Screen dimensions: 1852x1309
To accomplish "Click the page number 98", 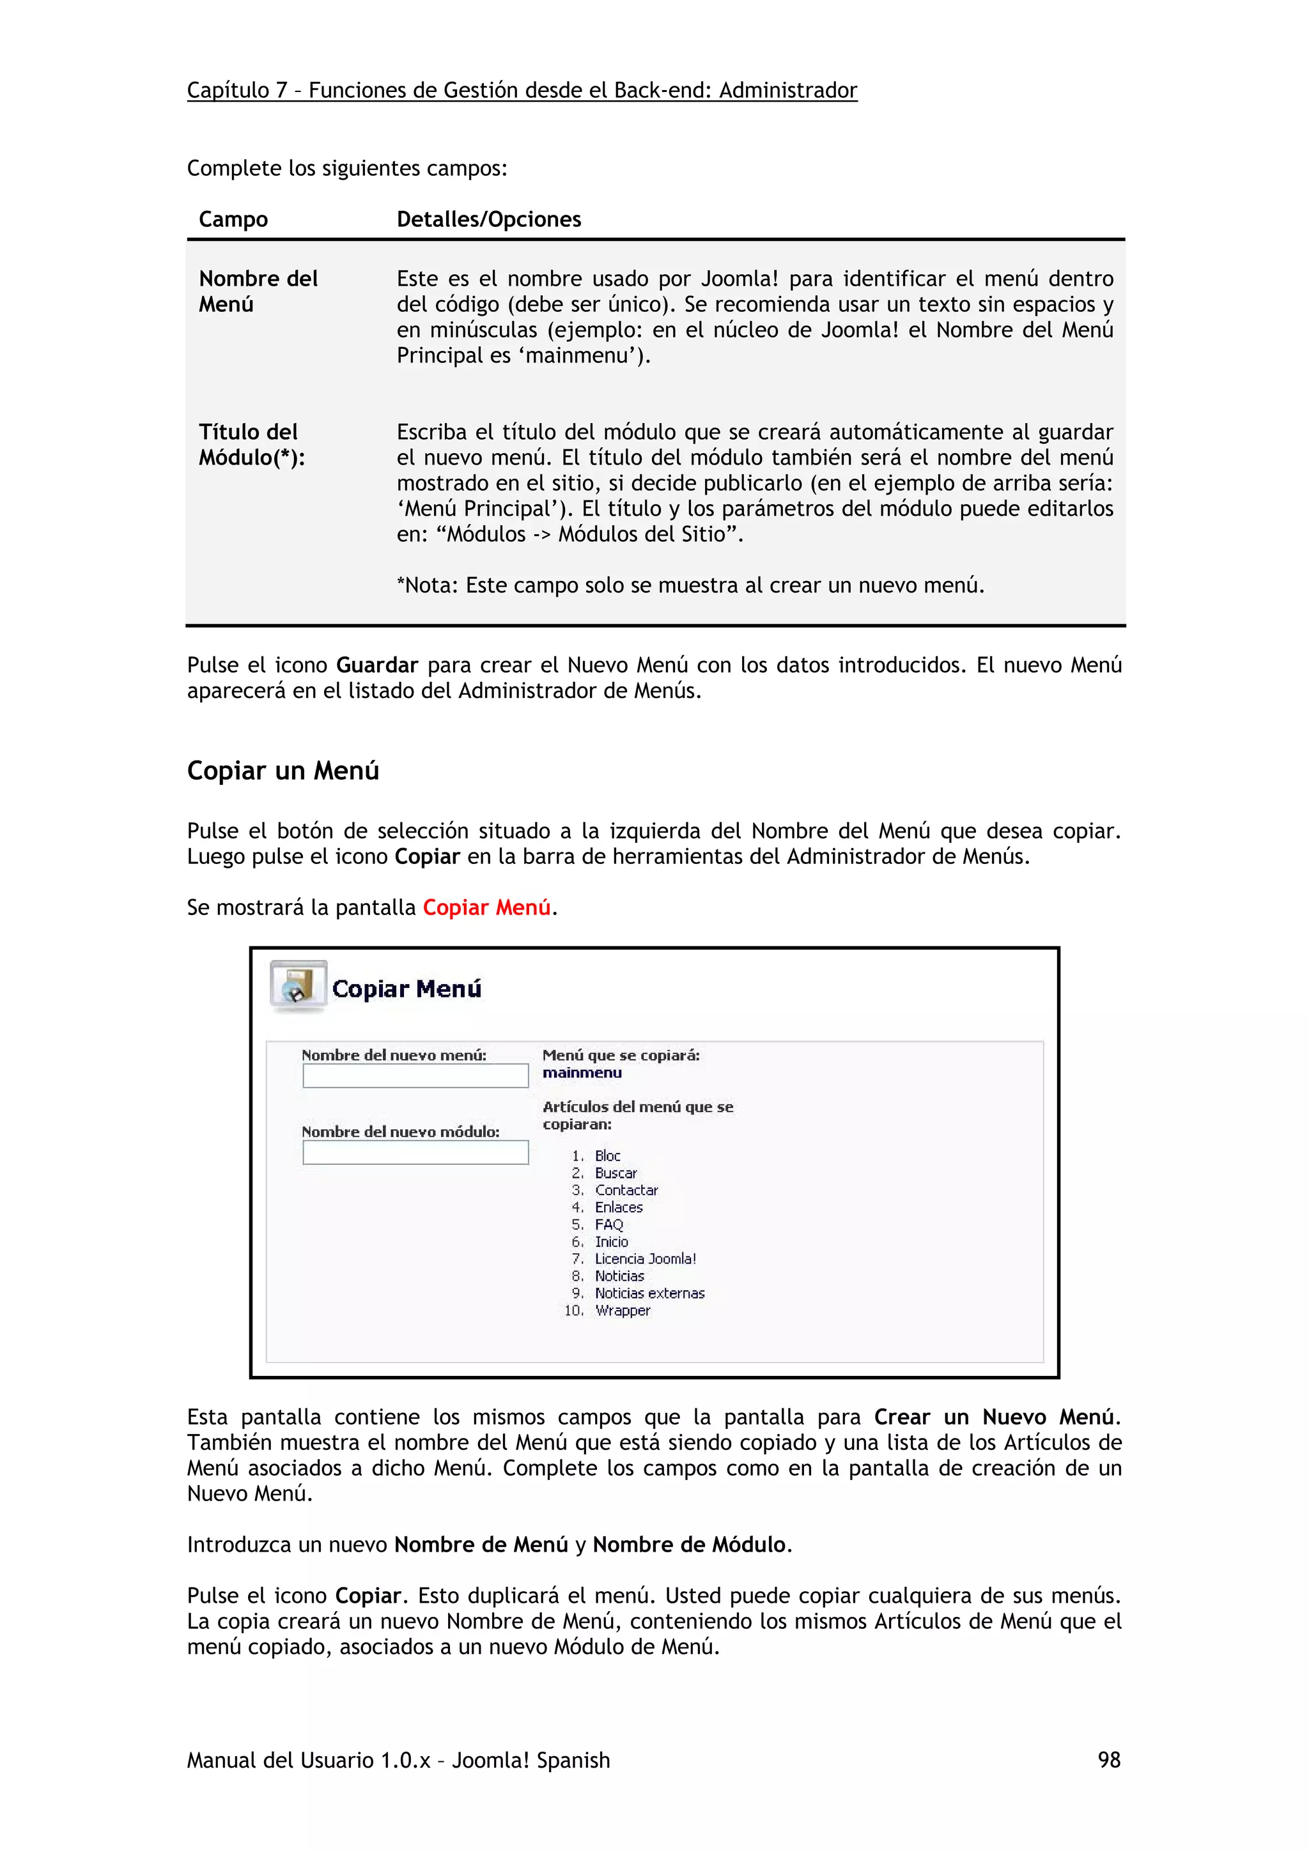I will [x=1108, y=1760].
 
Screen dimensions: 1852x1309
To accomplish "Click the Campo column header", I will [x=233, y=219].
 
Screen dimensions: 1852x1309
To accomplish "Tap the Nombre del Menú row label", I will [x=258, y=291].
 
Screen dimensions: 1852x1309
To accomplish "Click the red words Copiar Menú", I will [x=486, y=907].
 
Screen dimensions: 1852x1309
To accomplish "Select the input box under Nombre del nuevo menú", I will [x=415, y=1076].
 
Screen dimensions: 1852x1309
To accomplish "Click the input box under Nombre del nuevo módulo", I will [x=415, y=1153].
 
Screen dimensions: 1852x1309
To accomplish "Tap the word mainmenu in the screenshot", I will [x=582, y=1073].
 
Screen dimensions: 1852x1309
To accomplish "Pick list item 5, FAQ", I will [x=609, y=1224].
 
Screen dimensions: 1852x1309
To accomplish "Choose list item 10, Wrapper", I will [x=623, y=1311].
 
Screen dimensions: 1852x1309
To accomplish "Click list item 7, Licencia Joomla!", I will [x=644, y=1259].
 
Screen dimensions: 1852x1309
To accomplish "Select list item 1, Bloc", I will [x=607, y=1156].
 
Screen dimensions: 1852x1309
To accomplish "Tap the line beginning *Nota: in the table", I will [x=690, y=585].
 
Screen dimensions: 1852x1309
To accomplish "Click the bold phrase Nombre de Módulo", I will [x=689, y=1545].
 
